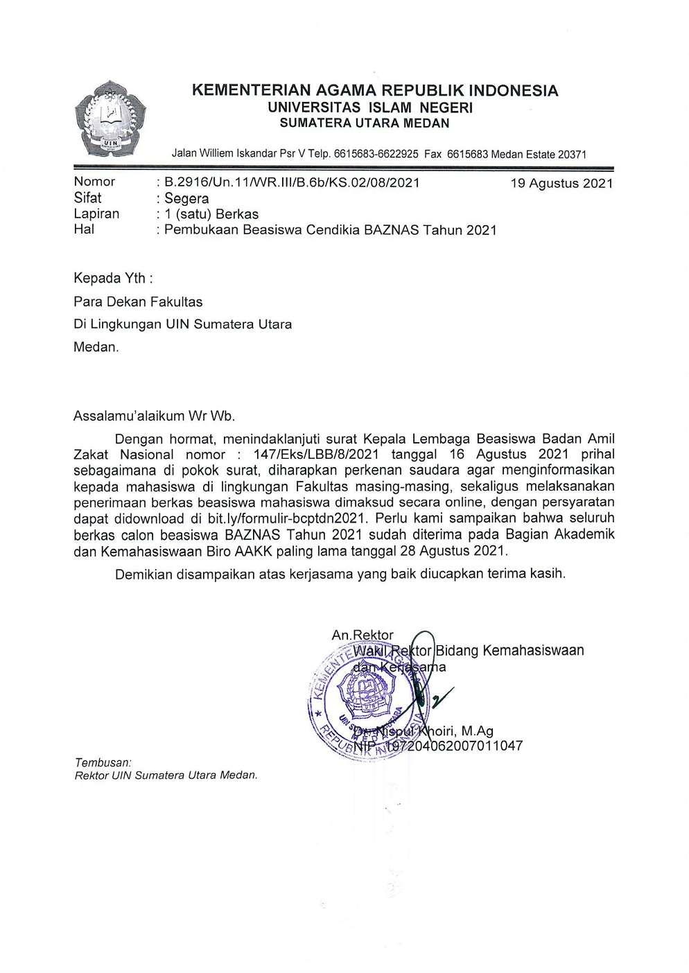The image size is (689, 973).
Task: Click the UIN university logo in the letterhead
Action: [x=111, y=118]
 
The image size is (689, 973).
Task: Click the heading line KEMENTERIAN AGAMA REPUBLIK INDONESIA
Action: [x=374, y=91]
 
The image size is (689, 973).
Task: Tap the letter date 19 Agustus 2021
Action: [x=561, y=184]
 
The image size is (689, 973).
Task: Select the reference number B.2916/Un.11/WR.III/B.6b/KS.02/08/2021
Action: [x=292, y=183]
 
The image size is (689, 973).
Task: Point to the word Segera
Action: [x=186, y=199]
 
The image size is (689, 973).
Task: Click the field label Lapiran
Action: [x=96, y=214]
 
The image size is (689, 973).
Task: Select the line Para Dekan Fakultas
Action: [x=138, y=302]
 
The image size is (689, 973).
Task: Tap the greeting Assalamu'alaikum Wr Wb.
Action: [x=154, y=417]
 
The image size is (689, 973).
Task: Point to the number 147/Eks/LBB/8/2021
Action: [x=316, y=455]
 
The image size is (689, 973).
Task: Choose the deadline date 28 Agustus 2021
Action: [x=457, y=551]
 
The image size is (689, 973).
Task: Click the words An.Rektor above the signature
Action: [x=362, y=635]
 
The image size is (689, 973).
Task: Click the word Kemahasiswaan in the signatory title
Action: [x=533, y=651]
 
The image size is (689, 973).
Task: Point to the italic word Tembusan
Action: [x=103, y=762]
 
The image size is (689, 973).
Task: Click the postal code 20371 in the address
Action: [x=572, y=155]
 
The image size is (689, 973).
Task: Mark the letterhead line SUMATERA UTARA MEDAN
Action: [x=365, y=123]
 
